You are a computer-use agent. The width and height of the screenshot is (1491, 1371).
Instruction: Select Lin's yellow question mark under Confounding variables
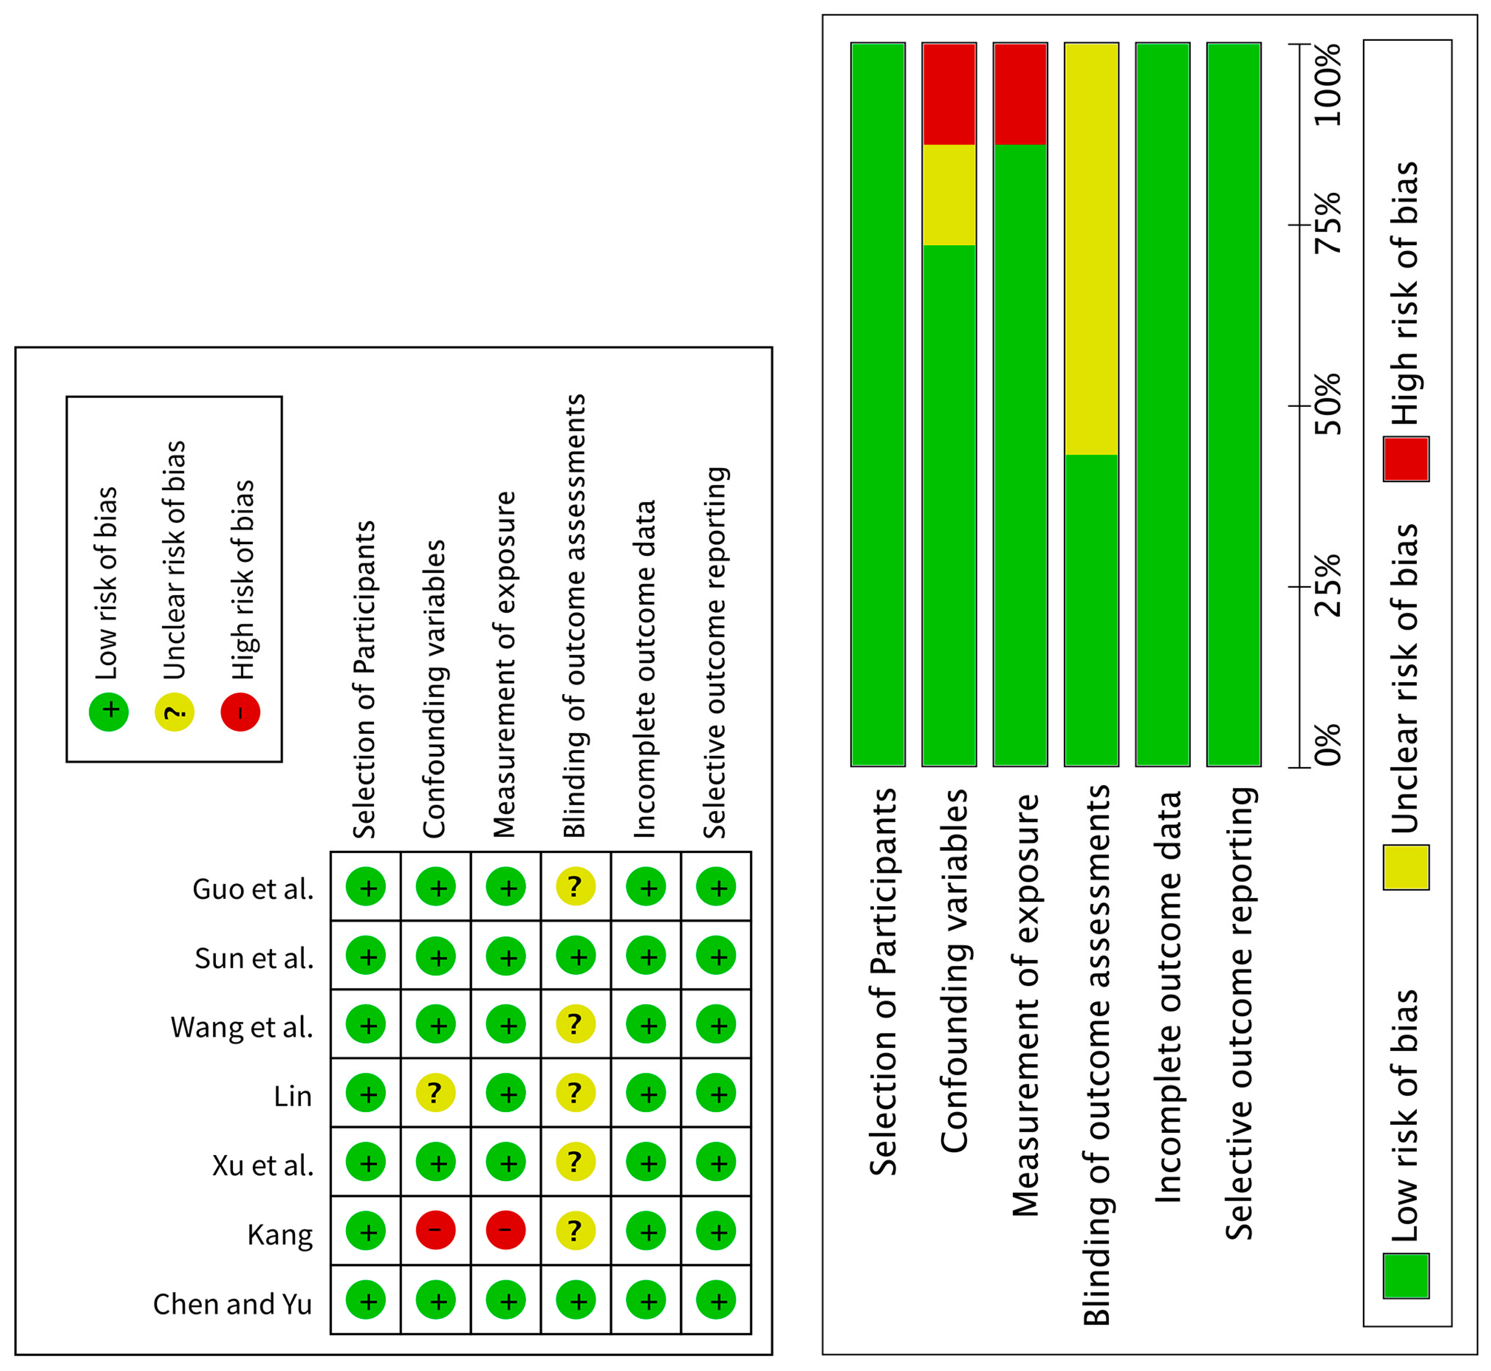436,1093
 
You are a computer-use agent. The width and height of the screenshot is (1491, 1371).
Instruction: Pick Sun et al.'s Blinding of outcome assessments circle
576,956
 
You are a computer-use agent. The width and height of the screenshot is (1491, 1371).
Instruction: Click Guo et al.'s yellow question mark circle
576,887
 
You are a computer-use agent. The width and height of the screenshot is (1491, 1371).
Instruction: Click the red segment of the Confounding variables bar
949,93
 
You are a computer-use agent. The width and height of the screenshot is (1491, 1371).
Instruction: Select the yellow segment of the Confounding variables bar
949,194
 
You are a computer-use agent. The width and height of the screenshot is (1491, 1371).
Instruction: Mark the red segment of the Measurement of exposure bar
1020,93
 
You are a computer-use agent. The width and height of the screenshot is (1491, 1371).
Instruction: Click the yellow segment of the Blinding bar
1091,249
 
